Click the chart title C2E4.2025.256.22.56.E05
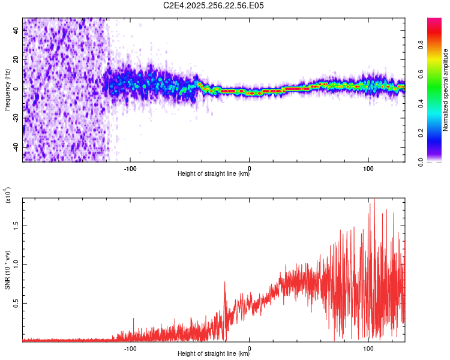[x=214, y=5]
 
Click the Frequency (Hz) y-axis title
[x=7, y=89]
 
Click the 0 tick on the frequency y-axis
[x=17, y=89]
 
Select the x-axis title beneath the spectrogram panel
[x=214, y=174]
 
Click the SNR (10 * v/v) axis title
[x=7, y=269]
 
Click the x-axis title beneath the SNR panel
[x=214, y=354]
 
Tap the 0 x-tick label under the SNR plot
[x=250, y=349]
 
